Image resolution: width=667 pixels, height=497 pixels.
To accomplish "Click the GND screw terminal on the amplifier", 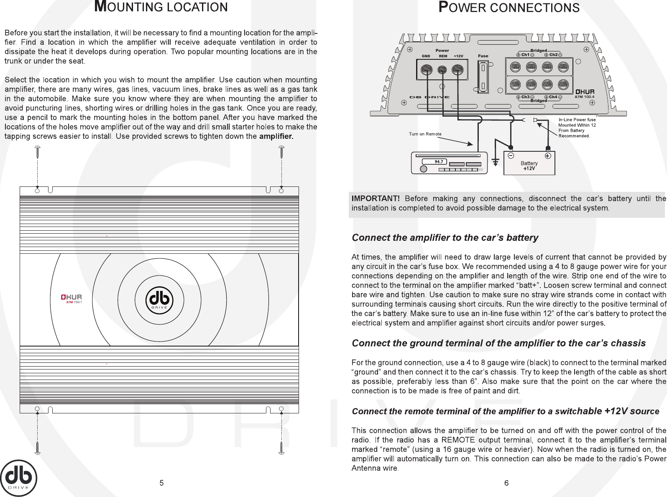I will (426, 69).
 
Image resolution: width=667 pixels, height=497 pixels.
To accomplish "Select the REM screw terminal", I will (442, 70).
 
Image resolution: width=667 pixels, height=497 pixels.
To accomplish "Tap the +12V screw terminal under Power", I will (458, 69).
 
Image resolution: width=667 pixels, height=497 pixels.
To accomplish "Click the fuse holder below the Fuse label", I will (483, 77).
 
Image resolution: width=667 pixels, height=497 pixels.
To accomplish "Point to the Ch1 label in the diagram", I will (525, 55).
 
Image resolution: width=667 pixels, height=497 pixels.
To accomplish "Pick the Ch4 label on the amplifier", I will (553, 97).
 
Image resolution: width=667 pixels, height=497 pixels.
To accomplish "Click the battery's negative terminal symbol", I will (510, 155).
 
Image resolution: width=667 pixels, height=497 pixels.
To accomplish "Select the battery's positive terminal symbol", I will (548, 155).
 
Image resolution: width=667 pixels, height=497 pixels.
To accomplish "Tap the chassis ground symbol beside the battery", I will (496, 162).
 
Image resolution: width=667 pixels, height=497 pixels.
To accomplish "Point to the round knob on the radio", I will (424, 169).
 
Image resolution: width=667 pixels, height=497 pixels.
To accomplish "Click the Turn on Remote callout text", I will (425, 134).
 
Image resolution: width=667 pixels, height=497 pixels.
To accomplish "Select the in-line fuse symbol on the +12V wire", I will (529, 120).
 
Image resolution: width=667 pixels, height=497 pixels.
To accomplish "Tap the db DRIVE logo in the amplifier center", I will (159, 299).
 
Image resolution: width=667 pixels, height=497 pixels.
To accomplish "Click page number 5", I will (161, 483).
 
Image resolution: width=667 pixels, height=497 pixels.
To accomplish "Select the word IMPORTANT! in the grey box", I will (376, 199).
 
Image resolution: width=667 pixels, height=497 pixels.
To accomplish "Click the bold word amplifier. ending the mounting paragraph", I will (276, 136).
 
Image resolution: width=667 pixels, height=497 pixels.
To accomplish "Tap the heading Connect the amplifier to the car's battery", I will (445, 238).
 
